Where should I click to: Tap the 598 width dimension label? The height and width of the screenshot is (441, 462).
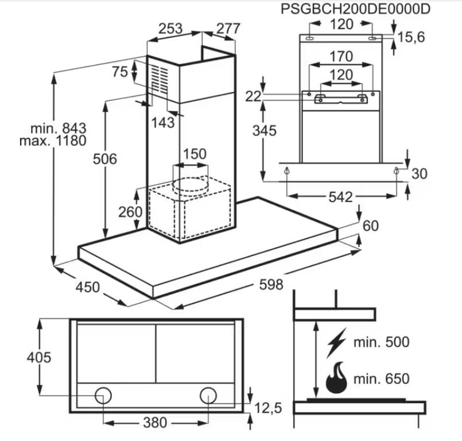(x=270, y=284)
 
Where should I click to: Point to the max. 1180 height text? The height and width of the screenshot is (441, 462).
(x=52, y=141)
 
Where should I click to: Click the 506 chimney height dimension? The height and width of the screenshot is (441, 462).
(x=104, y=158)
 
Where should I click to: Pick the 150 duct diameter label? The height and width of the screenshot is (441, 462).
(x=194, y=154)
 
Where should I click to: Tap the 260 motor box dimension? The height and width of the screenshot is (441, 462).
(x=130, y=211)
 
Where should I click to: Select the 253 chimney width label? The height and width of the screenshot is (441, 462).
(x=170, y=28)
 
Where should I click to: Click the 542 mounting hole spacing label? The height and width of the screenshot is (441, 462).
(x=340, y=197)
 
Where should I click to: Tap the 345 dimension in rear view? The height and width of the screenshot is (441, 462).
(x=265, y=130)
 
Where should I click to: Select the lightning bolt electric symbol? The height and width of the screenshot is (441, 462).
(x=336, y=343)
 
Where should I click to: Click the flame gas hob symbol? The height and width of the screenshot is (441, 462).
(x=336, y=377)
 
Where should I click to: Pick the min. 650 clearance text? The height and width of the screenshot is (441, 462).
(x=381, y=379)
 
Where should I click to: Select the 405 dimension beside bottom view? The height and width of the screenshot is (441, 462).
(x=39, y=357)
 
